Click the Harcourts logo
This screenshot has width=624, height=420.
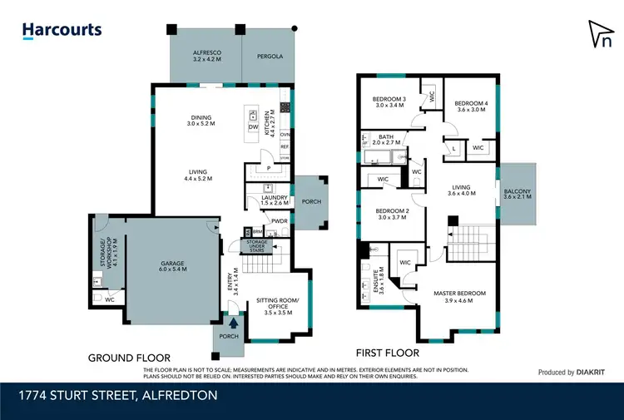(x=62, y=31)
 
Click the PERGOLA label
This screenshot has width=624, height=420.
(x=270, y=57)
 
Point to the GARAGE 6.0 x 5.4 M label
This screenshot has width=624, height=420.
(x=172, y=267)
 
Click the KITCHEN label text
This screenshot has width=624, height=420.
(x=269, y=123)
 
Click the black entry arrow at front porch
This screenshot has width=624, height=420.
(x=233, y=323)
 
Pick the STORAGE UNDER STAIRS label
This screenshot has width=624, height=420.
(x=255, y=245)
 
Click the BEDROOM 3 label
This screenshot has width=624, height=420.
(x=389, y=103)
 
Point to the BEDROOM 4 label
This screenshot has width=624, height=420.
(x=469, y=106)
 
